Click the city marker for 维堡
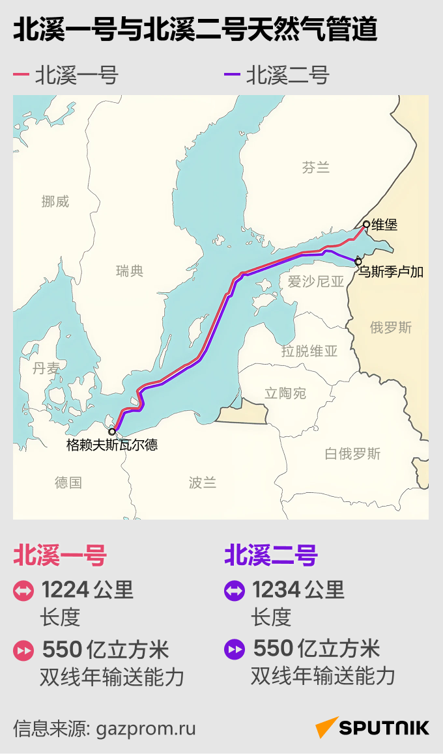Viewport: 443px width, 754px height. [x=366, y=225]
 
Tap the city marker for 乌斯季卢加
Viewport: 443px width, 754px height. [x=358, y=262]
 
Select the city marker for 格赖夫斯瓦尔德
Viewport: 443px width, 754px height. [x=112, y=431]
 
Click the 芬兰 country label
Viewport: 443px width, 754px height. [x=316, y=168]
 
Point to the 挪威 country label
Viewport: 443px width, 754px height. [x=55, y=202]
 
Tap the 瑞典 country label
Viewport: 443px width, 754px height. [x=129, y=271]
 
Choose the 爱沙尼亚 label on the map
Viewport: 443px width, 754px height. [x=315, y=281]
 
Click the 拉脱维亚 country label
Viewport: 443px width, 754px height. [x=309, y=351]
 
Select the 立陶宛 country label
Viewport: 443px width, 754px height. [x=285, y=393]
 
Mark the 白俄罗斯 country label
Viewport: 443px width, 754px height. [x=352, y=454]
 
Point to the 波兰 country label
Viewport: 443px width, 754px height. [x=202, y=482]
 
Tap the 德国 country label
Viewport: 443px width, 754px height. [x=68, y=482]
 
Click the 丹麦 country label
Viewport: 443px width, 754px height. [x=46, y=369]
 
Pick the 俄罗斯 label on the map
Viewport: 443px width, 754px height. [x=391, y=328]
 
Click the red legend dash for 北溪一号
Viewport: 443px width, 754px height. [x=21, y=76]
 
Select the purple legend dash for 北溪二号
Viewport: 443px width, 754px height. [x=232, y=76]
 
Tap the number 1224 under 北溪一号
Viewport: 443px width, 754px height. [x=65, y=590]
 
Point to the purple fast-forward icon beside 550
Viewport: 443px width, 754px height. [x=234, y=650]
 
